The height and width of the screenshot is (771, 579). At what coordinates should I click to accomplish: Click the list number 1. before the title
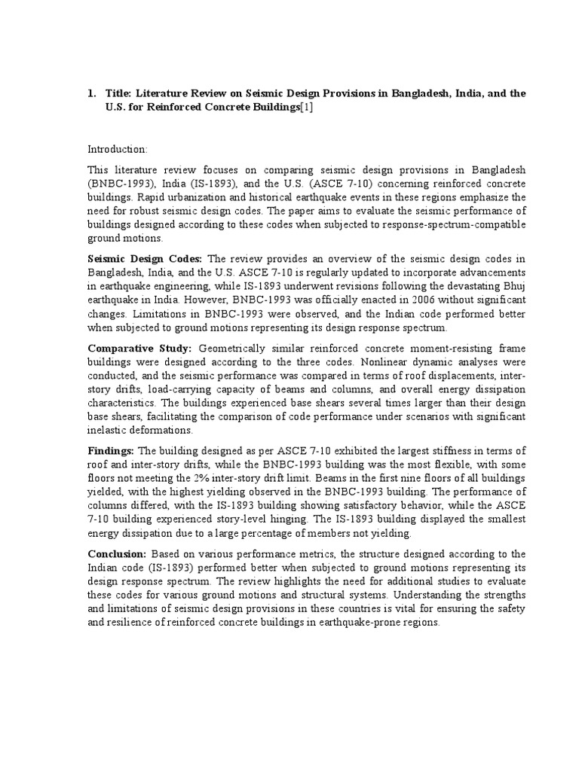point(92,93)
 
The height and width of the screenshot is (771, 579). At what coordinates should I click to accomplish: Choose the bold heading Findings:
point(111,450)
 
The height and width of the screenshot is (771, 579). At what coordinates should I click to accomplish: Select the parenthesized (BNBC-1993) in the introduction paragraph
point(117,185)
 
